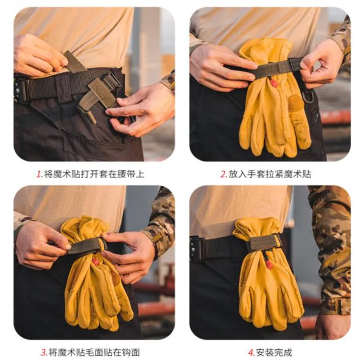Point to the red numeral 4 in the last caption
(x=250, y=352)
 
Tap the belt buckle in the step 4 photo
(x=197, y=248)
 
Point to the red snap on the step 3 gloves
(x=95, y=261)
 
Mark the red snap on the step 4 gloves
(x=269, y=264)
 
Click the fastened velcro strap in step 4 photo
(x=263, y=243)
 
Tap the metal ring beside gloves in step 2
(x=307, y=97)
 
